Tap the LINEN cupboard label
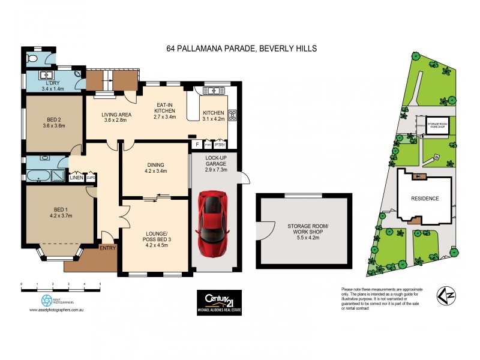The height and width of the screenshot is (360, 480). [x=76, y=178]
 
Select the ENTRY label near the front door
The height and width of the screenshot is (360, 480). [x=108, y=248]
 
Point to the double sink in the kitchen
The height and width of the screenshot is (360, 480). [x=211, y=91]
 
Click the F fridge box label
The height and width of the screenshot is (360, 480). [x=196, y=145]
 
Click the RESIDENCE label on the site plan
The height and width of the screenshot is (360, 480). [x=424, y=199]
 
